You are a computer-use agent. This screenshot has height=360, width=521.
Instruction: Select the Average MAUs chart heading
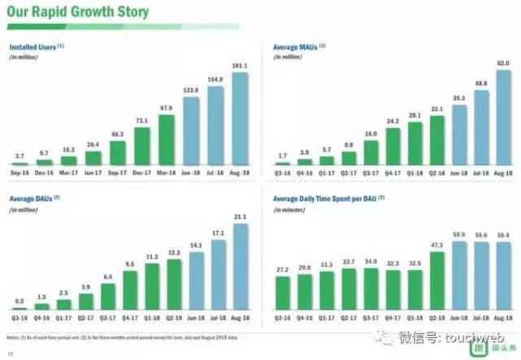click(294, 48)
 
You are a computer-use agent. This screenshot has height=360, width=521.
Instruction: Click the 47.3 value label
click(436, 245)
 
